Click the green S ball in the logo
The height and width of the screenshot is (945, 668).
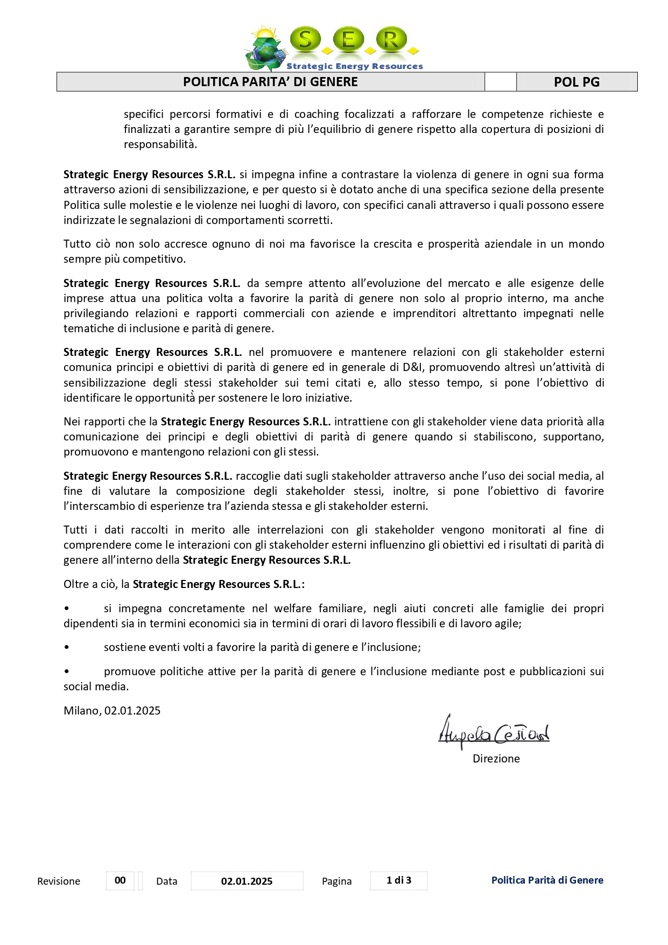tap(305, 39)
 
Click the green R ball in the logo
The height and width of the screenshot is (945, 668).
tap(391, 39)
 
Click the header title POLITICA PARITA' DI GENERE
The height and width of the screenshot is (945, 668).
tap(270, 82)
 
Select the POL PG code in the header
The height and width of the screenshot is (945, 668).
tap(576, 82)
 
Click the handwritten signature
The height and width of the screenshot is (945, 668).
tap(494, 732)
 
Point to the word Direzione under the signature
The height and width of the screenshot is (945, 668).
tap(496, 759)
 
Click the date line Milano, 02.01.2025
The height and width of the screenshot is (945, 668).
tap(112, 711)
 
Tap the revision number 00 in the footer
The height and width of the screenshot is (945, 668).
tap(120, 880)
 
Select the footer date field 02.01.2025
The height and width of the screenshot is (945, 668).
tap(247, 881)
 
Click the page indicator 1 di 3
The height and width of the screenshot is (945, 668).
tap(399, 880)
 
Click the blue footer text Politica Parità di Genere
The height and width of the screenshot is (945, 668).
tap(547, 880)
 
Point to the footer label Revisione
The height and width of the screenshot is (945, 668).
tap(59, 881)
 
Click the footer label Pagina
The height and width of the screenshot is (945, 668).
tap(336, 881)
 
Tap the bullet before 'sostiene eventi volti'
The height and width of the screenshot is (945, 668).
tap(67, 648)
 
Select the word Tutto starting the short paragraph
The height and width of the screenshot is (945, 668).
tap(77, 244)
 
